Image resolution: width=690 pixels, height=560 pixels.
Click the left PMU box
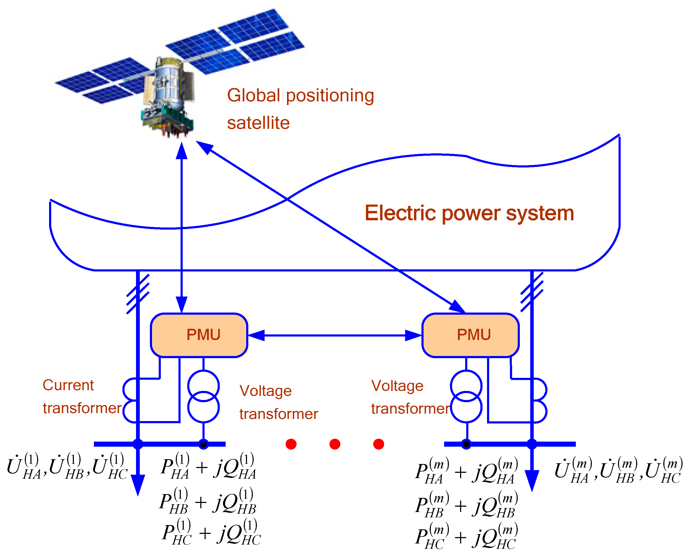pos(199,335)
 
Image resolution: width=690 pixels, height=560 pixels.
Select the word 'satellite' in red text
pos(258,123)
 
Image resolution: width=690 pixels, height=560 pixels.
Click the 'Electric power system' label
pos(469,213)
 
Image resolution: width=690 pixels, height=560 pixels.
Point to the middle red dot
pos(335,444)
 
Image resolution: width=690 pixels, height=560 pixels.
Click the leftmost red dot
pos(291,444)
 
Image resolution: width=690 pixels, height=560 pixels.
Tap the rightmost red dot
pos(378,444)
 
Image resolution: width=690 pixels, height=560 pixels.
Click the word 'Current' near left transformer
pos(68,385)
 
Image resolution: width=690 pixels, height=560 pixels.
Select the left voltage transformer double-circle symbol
pos(204,397)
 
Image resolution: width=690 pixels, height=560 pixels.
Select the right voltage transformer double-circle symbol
pos(466,397)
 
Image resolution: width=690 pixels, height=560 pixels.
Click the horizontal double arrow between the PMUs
pos(335,335)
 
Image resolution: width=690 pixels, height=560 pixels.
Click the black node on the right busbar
pos(466,444)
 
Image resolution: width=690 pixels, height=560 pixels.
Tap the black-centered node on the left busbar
pos(204,444)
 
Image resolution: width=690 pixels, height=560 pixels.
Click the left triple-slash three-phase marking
pos(138,294)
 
